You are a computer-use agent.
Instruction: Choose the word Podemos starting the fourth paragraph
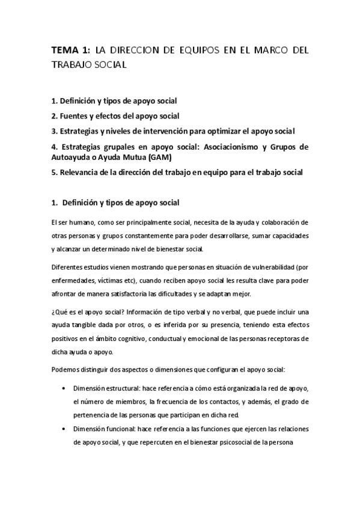67,368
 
